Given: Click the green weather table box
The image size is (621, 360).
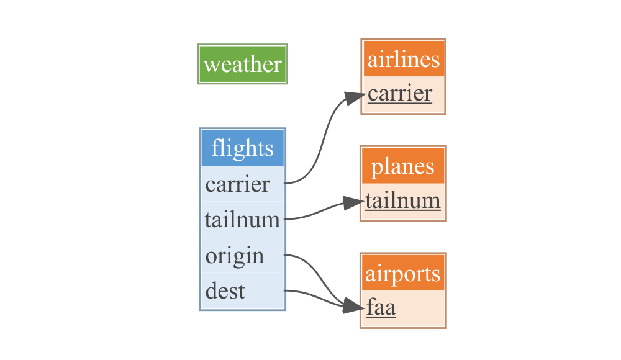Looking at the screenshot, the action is pyautogui.click(x=242, y=64).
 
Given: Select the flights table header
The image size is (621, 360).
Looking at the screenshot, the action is pyautogui.click(x=242, y=148).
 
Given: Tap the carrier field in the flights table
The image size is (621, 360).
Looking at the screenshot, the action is pyautogui.click(x=238, y=184).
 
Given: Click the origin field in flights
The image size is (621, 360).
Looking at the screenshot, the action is pyautogui.click(x=235, y=256).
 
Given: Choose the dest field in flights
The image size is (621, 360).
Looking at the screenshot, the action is pyautogui.click(x=225, y=291).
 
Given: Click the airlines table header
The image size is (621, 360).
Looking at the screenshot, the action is pyautogui.click(x=404, y=60).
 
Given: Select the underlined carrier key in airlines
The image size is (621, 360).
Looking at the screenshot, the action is pyautogui.click(x=400, y=94).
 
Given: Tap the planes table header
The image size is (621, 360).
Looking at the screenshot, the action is pyautogui.click(x=403, y=166).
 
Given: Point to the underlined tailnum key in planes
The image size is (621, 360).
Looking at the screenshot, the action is pyautogui.click(x=403, y=201).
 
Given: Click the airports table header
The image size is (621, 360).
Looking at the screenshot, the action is pyautogui.click(x=403, y=274).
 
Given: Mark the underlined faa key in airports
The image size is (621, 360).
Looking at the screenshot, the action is pyautogui.click(x=381, y=308).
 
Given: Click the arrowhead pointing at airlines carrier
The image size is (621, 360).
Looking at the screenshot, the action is pyautogui.click(x=356, y=96).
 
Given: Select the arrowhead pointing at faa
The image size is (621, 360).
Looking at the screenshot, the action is pyautogui.click(x=355, y=307).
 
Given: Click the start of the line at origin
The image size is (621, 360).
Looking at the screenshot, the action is pyautogui.click(x=286, y=254).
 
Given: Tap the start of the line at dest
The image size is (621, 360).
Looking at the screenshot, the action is pyautogui.click(x=286, y=290).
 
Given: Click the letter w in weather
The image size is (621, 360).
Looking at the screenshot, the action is pyautogui.click(x=211, y=65).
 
